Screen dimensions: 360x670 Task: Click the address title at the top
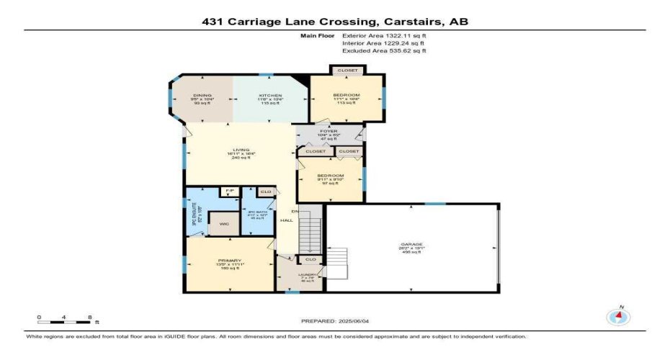point(335,22)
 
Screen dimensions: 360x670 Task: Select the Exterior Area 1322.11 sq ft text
point(384,35)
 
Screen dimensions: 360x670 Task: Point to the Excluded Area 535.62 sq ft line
point(384,50)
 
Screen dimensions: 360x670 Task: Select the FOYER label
point(329,132)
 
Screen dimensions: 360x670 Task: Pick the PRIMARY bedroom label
point(229,261)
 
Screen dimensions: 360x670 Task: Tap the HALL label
point(285,222)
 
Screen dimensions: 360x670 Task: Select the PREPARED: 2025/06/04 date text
point(335,320)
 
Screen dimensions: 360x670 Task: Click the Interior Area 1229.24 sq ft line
point(384,42)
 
